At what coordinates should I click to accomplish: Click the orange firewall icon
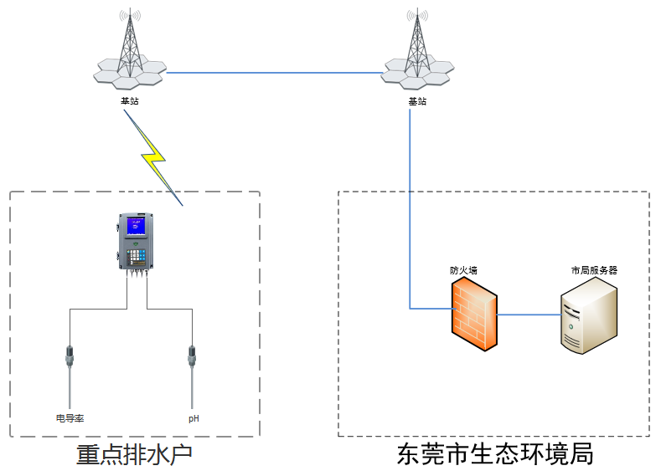pyautogui.click(x=474, y=314)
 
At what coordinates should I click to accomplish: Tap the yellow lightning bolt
pyautogui.click(x=153, y=158)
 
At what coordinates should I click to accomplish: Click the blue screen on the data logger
pyautogui.click(x=136, y=226)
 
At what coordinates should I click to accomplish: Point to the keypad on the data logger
pyautogui.click(x=136, y=255)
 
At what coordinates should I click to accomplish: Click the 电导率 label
pyautogui.click(x=70, y=418)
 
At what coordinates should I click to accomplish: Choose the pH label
pyautogui.click(x=194, y=418)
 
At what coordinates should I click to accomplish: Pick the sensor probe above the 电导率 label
pyautogui.click(x=70, y=376)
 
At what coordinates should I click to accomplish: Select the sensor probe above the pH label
pyautogui.click(x=192, y=376)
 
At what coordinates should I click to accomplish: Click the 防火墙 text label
pyautogui.click(x=463, y=270)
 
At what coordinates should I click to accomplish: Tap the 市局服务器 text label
pyautogui.click(x=594, y=270)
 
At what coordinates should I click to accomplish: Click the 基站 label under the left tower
pyautogui.click(x=130, y=101)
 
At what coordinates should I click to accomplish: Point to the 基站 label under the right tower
pyautogui.click(x=417, y=101)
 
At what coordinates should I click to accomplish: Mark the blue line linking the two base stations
pyautogui.click(x=274, y=73)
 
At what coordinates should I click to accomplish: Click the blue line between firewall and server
pyautogui.click(x=529, y=315)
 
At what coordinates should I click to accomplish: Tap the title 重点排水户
pyautogui.click(x=134, y=455)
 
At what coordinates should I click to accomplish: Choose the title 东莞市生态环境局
pyautogui.click(x=495, y=454)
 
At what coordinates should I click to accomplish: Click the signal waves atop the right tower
pyautogui.click(x=417, y=16)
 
